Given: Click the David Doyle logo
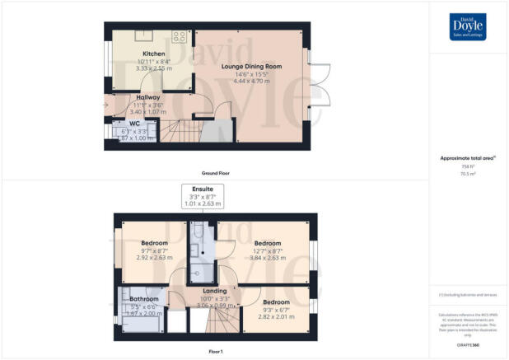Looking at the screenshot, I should [x=467, y=26].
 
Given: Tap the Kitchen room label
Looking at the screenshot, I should [x=153, y=54].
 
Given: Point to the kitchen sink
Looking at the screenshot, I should [x=142, y=35].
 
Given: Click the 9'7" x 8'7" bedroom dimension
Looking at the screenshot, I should [x=155, y=250].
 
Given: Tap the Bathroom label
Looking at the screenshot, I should [x=143, y=299].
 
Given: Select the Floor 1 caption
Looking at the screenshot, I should [x=216, y=352].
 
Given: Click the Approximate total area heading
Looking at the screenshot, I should [x=468, y=159].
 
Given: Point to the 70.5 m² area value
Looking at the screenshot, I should [x=468, y=174].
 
